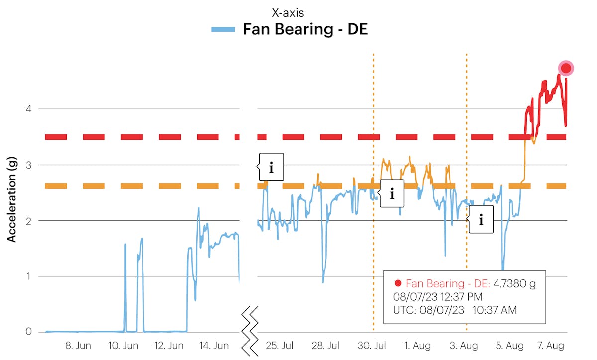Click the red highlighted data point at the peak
coord(566,68)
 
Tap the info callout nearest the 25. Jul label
coord(271,167)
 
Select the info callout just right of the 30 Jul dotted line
coord(392,193)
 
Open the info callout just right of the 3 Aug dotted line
coord(481,219)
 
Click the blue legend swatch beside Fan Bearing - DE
coord(223,29)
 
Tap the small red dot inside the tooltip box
coord(398,284)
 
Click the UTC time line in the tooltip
coord(455,310)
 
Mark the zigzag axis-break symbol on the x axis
coord(250,331)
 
